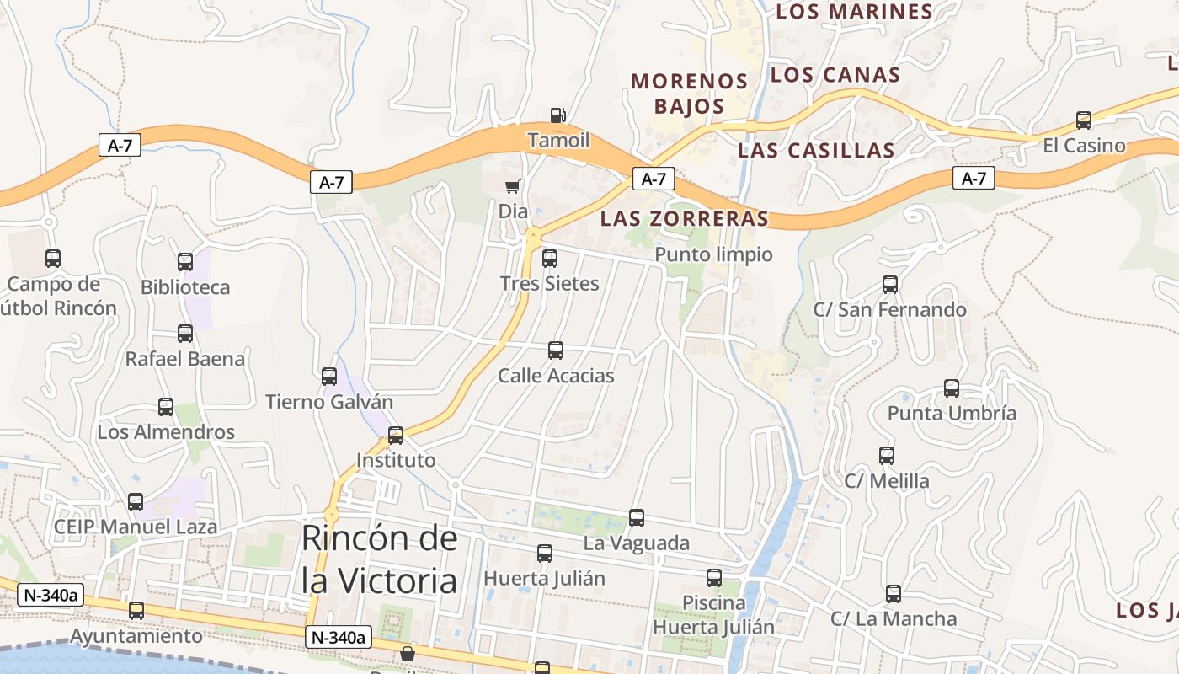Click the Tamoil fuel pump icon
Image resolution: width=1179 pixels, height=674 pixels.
(x=557, y=115)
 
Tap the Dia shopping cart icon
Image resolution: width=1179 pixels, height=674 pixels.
(x=512, y=186)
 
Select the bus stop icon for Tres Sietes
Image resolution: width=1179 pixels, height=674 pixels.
(x=550, y=259)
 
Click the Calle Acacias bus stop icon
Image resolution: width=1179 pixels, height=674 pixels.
(x=556, y=350)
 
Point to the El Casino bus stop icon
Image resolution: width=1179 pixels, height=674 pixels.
(x=1084, y=120)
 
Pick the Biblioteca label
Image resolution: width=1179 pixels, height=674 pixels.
(x=185, y=287)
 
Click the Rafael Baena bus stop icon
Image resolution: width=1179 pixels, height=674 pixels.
(x=185, y=334)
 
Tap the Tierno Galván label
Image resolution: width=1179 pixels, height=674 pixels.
(x=329, y=402)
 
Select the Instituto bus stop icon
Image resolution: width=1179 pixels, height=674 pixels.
(x=396, y=436)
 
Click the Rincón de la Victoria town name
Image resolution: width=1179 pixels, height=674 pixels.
(x=380, y=559)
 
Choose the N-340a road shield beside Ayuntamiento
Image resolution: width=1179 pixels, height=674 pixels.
(x=51, y=595)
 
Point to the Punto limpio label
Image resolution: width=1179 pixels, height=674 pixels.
(x=713, y=254)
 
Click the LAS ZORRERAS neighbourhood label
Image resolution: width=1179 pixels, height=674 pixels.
(x=684, y=219)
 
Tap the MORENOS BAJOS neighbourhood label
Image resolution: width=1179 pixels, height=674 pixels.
(x=690, y=94)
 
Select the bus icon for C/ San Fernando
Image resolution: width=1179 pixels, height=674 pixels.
(x=890, y=285)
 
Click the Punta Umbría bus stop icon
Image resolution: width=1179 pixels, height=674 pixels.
(x=952, y=388)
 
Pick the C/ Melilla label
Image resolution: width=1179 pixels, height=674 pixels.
(x=887, y=481)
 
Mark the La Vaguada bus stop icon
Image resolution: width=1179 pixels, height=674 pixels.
(x=637, y=518)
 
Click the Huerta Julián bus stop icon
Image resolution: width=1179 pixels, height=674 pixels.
(x=545, y=554)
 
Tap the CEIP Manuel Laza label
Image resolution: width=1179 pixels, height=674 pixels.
(x=136, y=527)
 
